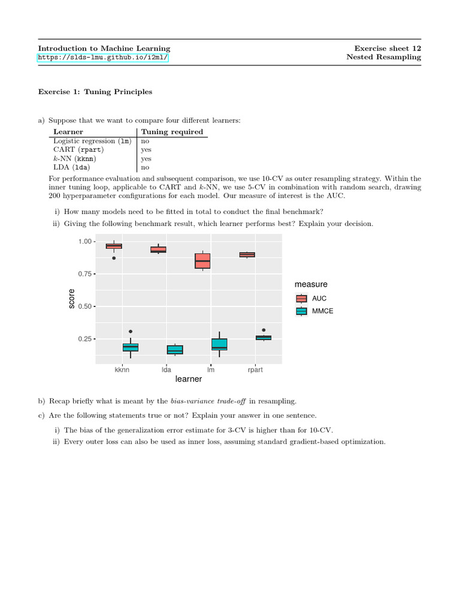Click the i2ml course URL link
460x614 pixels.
pyautogui.click(x=103, y=58)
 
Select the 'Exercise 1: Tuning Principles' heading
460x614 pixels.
pyautogui.click(x=95, y=92)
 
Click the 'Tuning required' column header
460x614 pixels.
pyautogui.click(x=171, y=132)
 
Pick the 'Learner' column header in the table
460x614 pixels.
pyautogui.click(x=68, y=132)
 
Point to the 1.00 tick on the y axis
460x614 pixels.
pyautogui.click(x=86, y=241)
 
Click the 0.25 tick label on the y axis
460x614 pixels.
pyautogui.click(x=86, y=339)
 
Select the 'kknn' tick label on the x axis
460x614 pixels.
pyautogui.click(x=122, y=370)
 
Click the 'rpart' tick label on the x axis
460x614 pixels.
pyautogui.click(x=255, y=370)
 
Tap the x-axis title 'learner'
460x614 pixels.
pyautogui.click(x=189, y=380)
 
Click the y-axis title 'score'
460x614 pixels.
pyautogui.click(x=72, y=299)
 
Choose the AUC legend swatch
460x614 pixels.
pyautogui.click(x=301, y=298)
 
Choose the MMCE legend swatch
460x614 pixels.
pyautogui.click(x=301, y=311)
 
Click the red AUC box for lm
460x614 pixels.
pyautogui.click(x=202, y=261)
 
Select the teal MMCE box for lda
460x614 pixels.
pyautogui.click(x=158, y=350)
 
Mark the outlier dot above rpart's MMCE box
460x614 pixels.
pyautogui.click(x=264, y=330)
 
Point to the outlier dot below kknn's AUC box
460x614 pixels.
pyautogui.click(x=114, y=258)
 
